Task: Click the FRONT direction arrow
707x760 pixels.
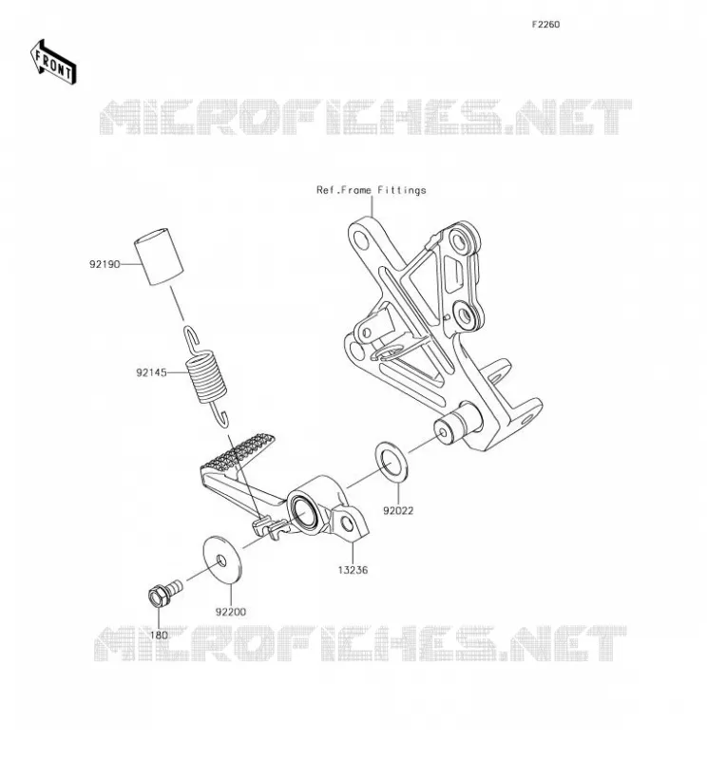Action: click(x=53, y=63)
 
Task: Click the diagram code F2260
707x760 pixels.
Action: click(x=545, y=25)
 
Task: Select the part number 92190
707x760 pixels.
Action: click(x=105, y=264)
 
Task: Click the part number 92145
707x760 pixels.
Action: click(x=151, y=372)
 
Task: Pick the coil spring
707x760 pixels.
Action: click(x=206, y=376)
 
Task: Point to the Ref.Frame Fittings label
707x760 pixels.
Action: click(x=371, y=190)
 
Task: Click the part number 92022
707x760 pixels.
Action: click(x=398, y=510)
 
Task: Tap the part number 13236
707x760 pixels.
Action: click(x=353, y=570)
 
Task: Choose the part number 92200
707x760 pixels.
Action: click(x=231, y=612)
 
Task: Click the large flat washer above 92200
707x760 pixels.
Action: click(x=222, y=560)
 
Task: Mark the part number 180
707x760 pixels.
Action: click(x=159, y=635)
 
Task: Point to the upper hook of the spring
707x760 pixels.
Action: click(x=192, y=338)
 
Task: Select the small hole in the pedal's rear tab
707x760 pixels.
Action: click(x=347, y=523)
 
